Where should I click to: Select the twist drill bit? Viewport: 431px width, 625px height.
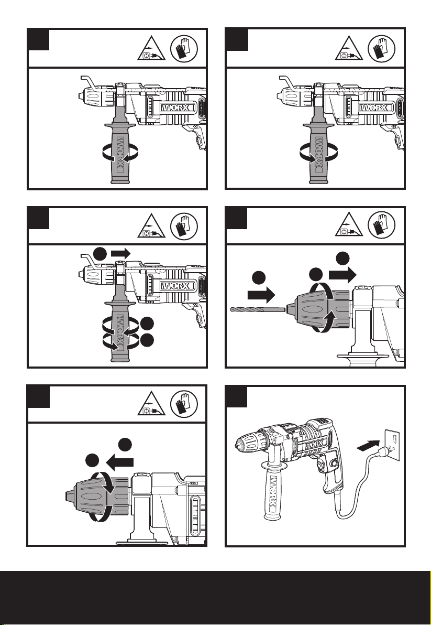[x=258, y=309]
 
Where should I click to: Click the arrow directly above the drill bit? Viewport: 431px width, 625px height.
[x=261, y=295]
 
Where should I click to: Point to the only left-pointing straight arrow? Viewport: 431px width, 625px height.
[x=120, y=462]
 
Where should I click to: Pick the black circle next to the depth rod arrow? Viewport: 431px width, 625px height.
[x=101, y=253]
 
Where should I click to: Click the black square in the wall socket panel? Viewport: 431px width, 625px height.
[x=236, y=396]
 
